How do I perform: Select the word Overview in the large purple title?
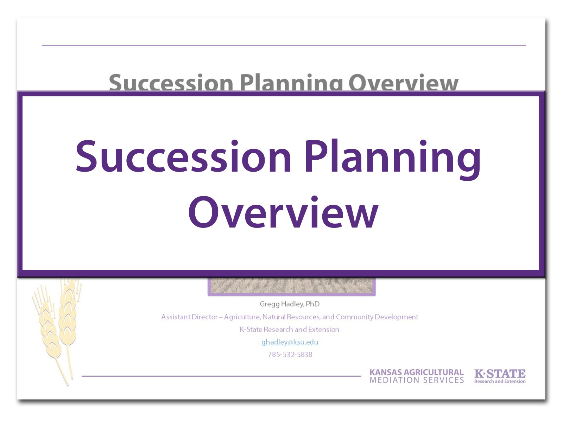(283, 213)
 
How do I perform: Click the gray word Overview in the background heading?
(403, 83)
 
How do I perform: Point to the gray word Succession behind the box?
(171, 83)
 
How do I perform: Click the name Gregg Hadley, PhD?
(290, 304)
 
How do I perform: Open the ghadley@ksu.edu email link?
(290, 342)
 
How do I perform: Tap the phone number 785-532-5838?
(290, 354)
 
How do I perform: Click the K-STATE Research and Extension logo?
(500, 376)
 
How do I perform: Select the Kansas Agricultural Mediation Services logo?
(417, 376)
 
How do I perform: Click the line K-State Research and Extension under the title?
(290, 330)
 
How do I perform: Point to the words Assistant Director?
(189, 317)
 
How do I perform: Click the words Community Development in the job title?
(377, 317)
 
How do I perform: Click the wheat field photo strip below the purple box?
(291, 286)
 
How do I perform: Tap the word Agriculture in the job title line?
(241, 317)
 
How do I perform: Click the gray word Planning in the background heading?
(291, 83)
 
